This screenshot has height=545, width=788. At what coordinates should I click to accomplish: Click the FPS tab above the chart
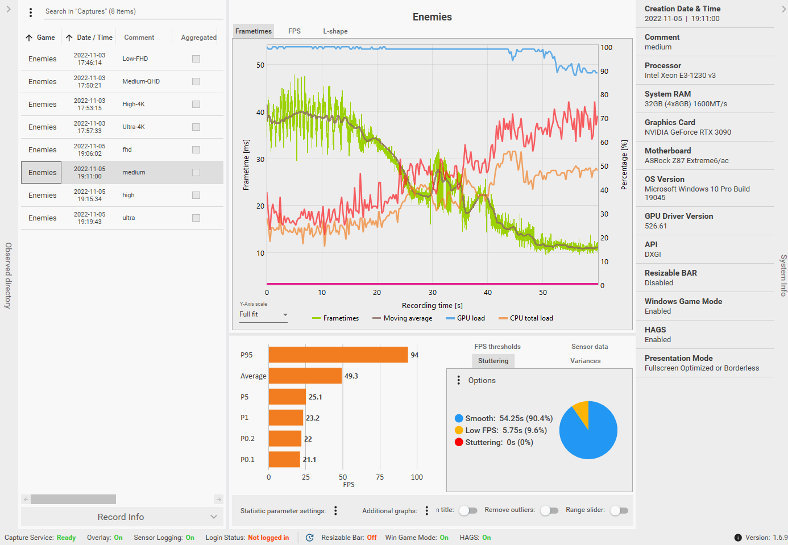pyautogui.click(x=294, y=31)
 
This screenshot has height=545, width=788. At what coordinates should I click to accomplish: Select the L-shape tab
pyautogui.click(x=335, y=31)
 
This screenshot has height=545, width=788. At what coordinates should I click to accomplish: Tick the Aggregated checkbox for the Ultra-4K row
pyautogui.click(x=196, y=127)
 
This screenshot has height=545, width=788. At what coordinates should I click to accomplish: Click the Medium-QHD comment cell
pyautogui.click(x=141, y=81)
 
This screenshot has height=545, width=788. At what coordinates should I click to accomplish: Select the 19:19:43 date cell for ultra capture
pyautogui.click(x=90, y=218)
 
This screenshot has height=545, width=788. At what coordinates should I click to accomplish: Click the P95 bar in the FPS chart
pyautogui.click(x=338, y=355)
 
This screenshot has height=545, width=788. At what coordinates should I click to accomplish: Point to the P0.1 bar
pyautogui.click(x=284, y=459)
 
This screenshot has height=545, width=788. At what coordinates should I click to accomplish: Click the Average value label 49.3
pyautogui.click(x=351, y=376)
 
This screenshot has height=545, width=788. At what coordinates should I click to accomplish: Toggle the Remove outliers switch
pyautogui.click(x=549, y=510)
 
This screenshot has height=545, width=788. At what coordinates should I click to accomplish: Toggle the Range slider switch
pyautogui.click(x=619, y=510)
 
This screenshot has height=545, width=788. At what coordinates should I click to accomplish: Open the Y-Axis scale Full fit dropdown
pyautogui.click(x=263, y=314)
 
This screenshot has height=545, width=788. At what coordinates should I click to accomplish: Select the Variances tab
pyautogui.click(x=585, y=361)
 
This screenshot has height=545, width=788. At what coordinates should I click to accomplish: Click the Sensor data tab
pyautogui.click(x=589, y=347)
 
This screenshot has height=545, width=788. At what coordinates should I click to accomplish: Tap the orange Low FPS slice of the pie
pyautogui.click(x=582, y=412)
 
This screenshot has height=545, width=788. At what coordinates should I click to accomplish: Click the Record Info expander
pyautogui.click(x=121, y=517)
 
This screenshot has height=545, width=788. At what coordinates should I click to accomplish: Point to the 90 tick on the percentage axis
pyautogui.click(x=604, y=72)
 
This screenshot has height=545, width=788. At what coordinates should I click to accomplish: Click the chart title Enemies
pyautogui.click(x=432, y=17)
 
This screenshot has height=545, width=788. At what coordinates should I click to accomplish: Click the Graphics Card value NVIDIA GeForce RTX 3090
pyautogui.click(x=687, y=132)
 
